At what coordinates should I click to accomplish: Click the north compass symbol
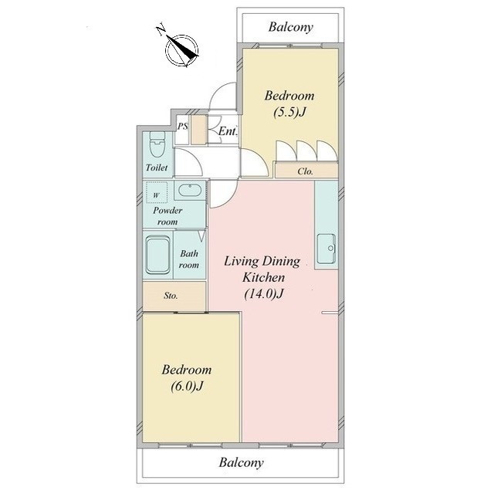point(182,50)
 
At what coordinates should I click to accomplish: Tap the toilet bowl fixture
point(157,144)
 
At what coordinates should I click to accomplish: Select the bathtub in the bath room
point(157,255)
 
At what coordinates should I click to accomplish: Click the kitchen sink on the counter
point(326,249)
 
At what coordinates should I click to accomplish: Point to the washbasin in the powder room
point(190,190)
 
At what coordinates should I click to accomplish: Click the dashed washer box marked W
point(157,192)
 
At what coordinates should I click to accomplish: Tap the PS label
point(183,127)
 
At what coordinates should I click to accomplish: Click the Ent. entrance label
point(228,131)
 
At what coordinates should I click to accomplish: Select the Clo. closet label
point(306,171)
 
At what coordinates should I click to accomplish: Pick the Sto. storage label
point(171,296)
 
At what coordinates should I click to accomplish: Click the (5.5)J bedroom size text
point(289,112)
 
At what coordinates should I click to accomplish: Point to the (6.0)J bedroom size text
point(187,386)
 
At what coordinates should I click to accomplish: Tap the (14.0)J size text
point(264,293)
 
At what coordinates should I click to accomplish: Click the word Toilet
point(157,167)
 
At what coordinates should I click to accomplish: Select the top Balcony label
point(291,27)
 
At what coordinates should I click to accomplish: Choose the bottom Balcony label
point(242,462)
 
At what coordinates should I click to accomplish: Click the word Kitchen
point(263,277)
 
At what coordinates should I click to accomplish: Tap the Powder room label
point(167,216)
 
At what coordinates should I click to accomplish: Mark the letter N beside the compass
point(161,29)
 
